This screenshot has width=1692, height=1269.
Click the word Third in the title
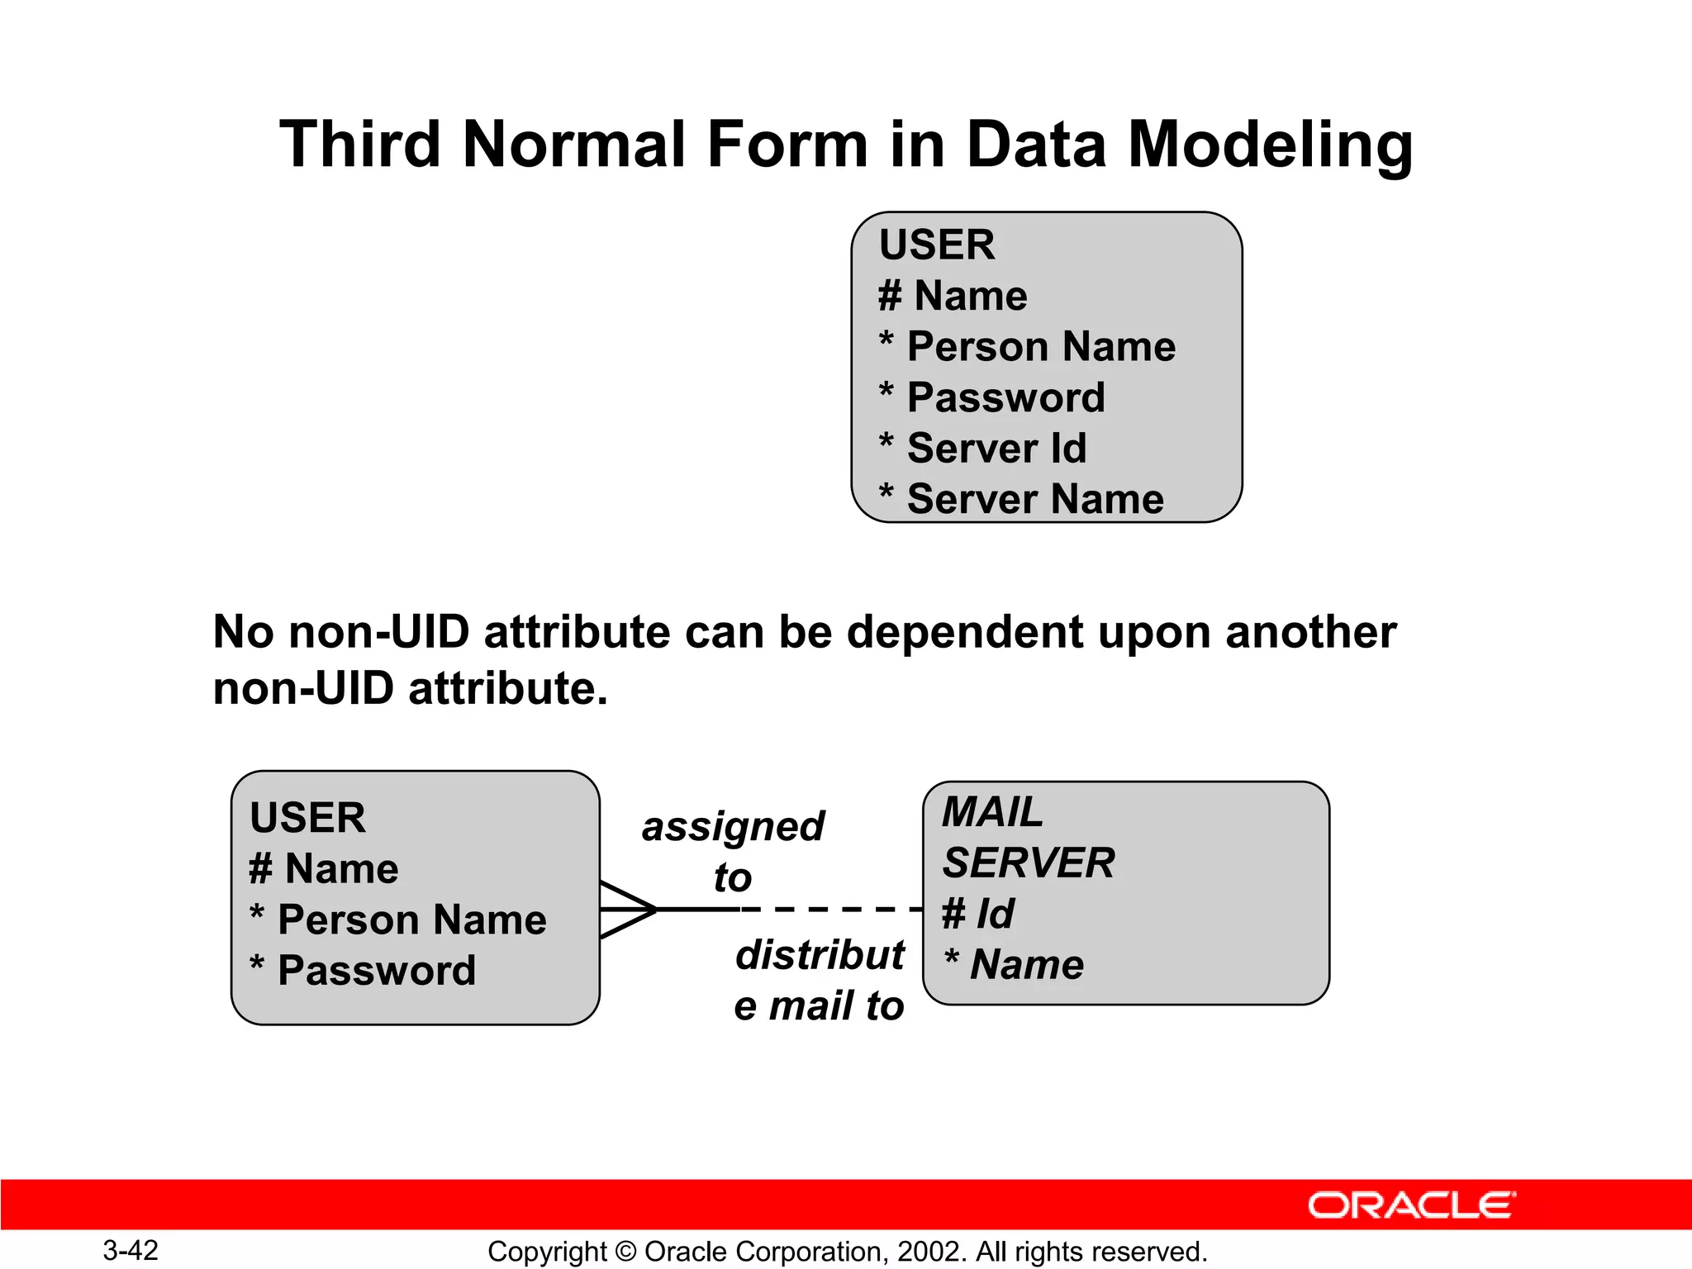tap(360, 145)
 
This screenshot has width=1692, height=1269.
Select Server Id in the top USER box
tap(996, 449)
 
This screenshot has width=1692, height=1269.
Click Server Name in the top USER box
tap(1034, 499)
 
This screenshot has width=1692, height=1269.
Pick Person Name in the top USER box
tap(1041, 346)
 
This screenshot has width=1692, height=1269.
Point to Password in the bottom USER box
tap(376, 971)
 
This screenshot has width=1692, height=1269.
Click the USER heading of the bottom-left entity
tap(307, 818)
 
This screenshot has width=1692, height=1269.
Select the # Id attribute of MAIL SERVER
tap(978, 914)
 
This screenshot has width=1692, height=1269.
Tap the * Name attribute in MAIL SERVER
tap(1015, 964)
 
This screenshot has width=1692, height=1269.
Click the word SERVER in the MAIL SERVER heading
tap(1029, 863)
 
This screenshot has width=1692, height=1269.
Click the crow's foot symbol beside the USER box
tap(628, 909)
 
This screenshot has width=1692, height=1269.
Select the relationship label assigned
tap(733, 826)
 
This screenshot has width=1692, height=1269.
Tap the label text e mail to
tap(819, 1005)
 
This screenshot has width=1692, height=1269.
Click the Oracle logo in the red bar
tap(1411, 1205)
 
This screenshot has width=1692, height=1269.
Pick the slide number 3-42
tap(131, 1250)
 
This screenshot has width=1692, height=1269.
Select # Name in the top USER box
tap(953, 296)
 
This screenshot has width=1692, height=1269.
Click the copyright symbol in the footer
tap(626, 1252)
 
